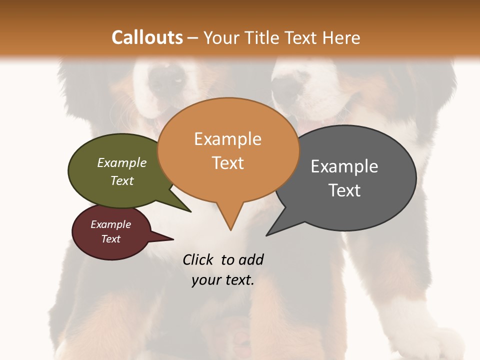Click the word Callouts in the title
(147, 37)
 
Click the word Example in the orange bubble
(227, 139)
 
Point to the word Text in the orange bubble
(227, 163)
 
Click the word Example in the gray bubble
(344, 166)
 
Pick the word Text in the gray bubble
(344, 190)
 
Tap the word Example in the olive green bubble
(122, 163)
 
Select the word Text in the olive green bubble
(122, 180)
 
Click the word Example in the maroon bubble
(110, 224)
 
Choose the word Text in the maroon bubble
(110, 239)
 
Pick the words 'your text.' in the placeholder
(223, 280)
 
